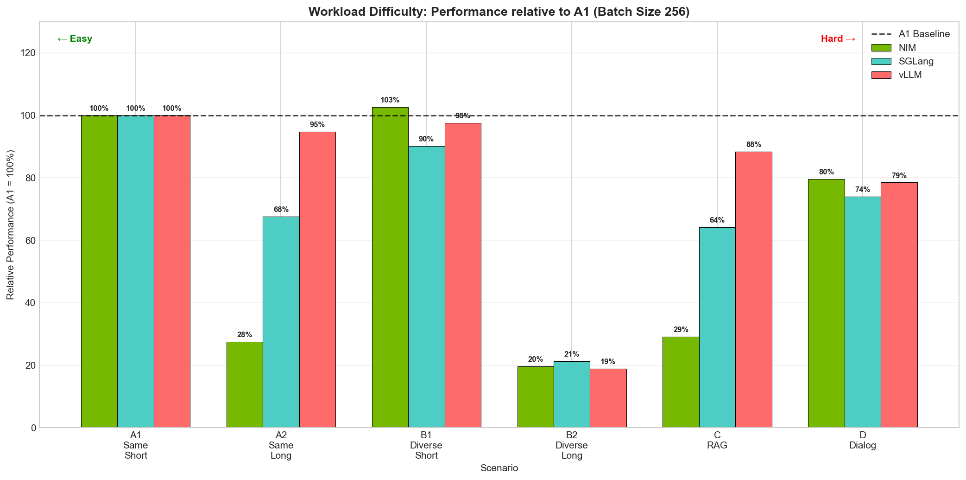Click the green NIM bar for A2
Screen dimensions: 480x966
pyautogui.click(x=245, y=384)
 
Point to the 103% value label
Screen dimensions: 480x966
pyautogui.click(x=390, y=100)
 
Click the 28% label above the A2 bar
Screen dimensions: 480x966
pyautogui.click(x=244, y=335)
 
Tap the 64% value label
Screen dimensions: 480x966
pyautogui.click(x=717, y=220)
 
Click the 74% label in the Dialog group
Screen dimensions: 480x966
pyautogui.click(x=862, y=190)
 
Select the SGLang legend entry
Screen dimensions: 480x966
pyautogui.click(x=915, y=61)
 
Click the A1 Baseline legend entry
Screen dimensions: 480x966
pyautogui.click(x=924, y=34)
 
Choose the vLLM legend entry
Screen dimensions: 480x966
pyautogui.click(x=910, y=75)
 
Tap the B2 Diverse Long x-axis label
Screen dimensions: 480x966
pyautogui.click(x=571, y=445)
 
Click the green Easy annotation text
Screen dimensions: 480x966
pyautogui.click(x=75, y=39)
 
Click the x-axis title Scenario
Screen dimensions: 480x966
pyautogui.click(x=499, y=468)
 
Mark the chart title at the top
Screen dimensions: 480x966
pyautogui.click(x=499, y=12)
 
